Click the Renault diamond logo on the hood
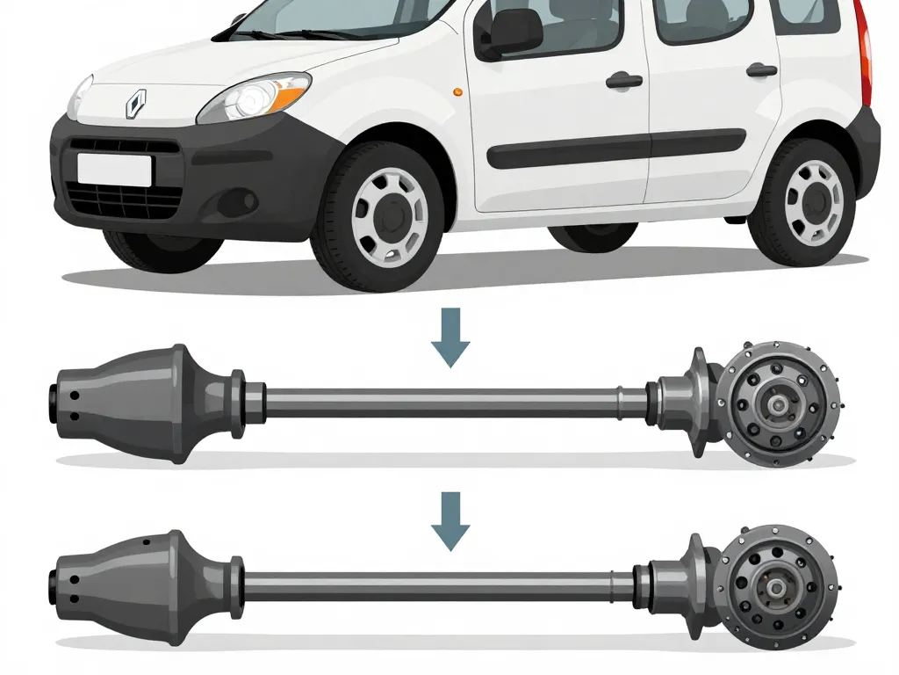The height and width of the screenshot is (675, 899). click(x=135, y=105)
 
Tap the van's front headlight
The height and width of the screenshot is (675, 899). click(x=254, y=98)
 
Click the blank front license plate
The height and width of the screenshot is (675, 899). click(x=114, y=168)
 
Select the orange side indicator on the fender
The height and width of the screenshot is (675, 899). click(x=455, y=91)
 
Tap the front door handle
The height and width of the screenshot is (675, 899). click(x=623, y=81)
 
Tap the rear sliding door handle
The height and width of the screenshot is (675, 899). click(x=761, y=70)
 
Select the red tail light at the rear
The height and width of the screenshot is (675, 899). click(x=867, y=53)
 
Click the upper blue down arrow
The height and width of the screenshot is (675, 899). click(x=451, y=348)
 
